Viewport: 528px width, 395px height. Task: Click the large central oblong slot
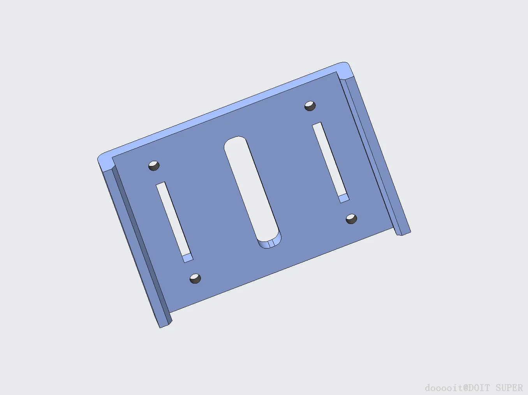point(253,192)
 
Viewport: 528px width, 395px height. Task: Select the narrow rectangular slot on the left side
point(174,222)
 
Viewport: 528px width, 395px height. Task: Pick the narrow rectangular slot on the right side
point(331,162)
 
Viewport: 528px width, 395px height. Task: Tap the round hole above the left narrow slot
point(154,166)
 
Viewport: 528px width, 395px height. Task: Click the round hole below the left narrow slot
point(195,279)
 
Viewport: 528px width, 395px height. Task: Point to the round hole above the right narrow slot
point(310,106)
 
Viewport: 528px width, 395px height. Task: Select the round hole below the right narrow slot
point(352,219)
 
